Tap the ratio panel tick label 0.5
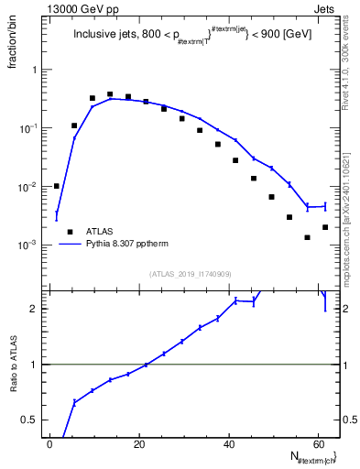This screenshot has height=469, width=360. (33, 420)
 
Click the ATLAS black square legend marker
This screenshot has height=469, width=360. (69, 233)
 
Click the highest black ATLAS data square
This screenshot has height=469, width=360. (110, 94)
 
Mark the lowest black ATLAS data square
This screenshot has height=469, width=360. (308, 237)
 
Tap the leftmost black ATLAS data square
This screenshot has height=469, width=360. (57, 186)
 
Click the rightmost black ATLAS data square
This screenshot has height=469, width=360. (325, 226)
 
